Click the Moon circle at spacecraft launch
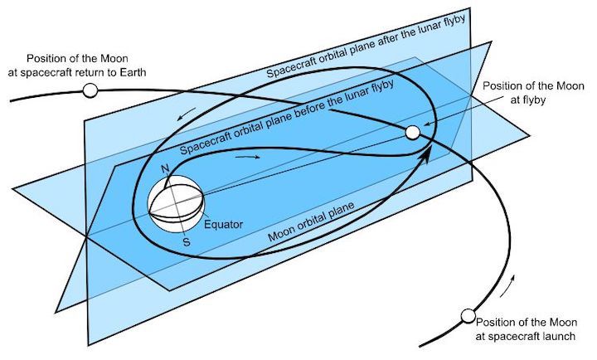click(x=468, y=315)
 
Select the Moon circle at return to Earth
click(x=90, y=90)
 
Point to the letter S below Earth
click(x=187, y=242)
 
